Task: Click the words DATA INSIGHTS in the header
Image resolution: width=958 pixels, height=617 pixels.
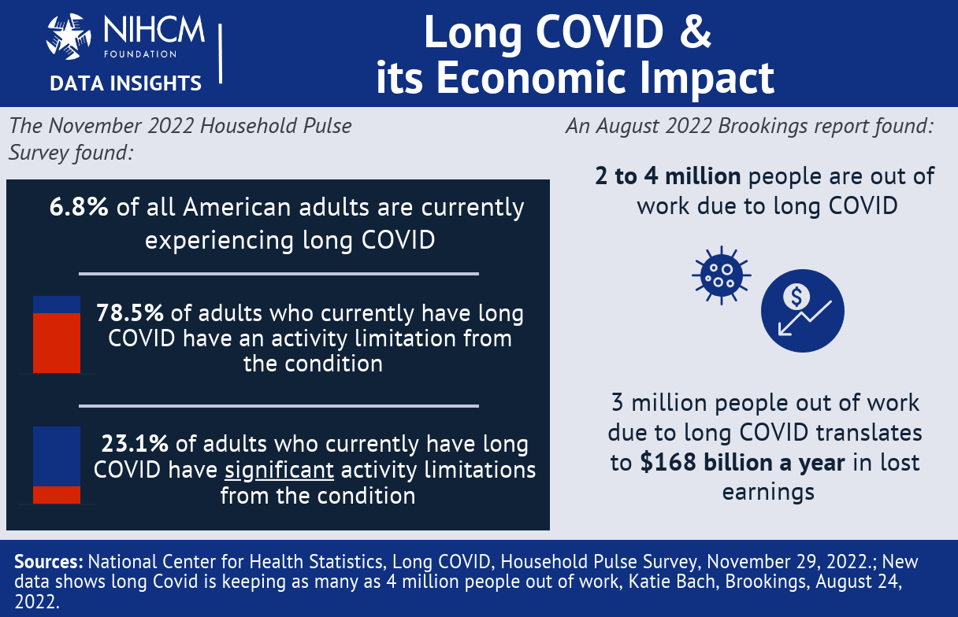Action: (125, 83)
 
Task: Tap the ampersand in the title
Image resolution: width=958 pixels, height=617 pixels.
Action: (696, 32)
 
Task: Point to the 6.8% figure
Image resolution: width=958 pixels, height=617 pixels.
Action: (79, 207)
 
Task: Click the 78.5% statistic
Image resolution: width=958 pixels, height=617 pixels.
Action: (129, 312)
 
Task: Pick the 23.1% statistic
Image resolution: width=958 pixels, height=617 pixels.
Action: (135, 443)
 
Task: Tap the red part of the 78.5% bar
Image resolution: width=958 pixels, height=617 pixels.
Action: (57, 342)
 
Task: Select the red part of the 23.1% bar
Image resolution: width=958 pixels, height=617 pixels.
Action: (57, 495)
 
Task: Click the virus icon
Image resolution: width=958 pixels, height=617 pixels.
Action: (721, 274)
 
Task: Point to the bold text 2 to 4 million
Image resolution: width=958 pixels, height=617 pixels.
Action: (667, 176)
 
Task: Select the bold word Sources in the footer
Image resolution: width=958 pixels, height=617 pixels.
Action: (49, 562)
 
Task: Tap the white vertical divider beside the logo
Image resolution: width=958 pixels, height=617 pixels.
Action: (220, 54)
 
